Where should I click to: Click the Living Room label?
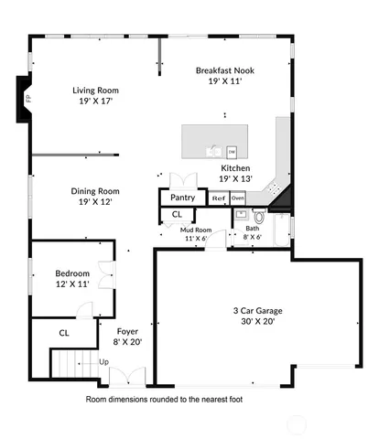pos(96,91)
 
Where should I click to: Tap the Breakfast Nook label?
pos(224,70)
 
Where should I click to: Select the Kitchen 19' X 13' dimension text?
pos(235,179)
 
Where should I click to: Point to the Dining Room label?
pos(96,191)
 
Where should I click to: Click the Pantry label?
pos(183,197)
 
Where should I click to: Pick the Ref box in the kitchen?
pos(218,198)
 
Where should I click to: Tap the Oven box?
pos(238,198)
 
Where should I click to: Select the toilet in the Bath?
pos(258,218)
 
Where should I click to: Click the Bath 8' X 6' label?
pos(251,232)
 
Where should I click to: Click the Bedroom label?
pos(71,273)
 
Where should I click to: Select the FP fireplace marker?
pos(27,93)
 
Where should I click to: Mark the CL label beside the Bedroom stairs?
pos(64,334)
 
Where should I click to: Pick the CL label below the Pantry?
pos(177,214)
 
